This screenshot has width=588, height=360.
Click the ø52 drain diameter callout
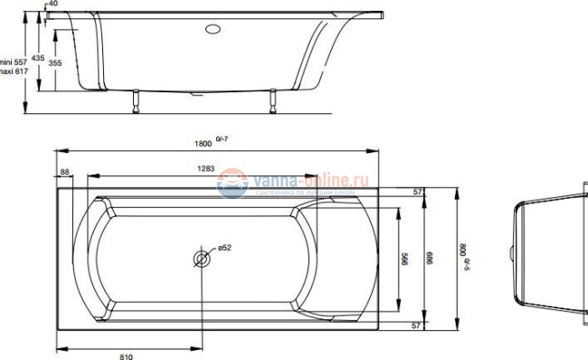point(224,248)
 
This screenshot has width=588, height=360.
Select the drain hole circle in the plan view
point(202,260)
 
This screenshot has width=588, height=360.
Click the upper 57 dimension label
point(418,193)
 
